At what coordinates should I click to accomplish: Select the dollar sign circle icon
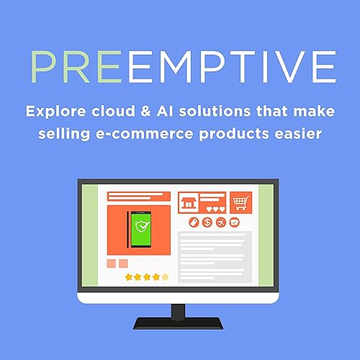point(207,222)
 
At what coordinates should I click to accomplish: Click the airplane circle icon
point(220,222)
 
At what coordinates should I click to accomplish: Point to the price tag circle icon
point(194,222)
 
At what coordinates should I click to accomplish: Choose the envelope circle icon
point(233,222)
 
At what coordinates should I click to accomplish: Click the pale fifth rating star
point(166,276)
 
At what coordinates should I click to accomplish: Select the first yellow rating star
point(128,276)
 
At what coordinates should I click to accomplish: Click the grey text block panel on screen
point(215,256)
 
